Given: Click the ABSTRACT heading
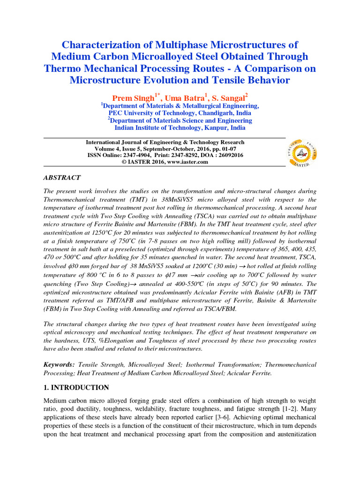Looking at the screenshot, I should click(62, 178).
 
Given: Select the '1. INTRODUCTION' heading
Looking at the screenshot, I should click(76, 388).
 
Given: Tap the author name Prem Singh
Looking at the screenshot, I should click(133, 98).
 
